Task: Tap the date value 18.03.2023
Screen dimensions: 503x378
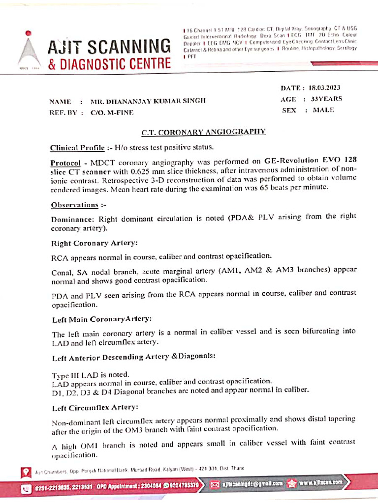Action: (325, 88)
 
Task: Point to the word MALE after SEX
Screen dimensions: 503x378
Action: (323, 110)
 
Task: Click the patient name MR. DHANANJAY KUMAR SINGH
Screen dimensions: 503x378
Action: (148, 101)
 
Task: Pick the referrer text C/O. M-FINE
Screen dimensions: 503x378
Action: (112, 112)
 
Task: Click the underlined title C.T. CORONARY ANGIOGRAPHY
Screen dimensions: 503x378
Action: (204, 132)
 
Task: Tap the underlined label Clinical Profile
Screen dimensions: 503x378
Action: (77, 147)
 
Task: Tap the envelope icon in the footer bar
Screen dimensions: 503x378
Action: (215, 484)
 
